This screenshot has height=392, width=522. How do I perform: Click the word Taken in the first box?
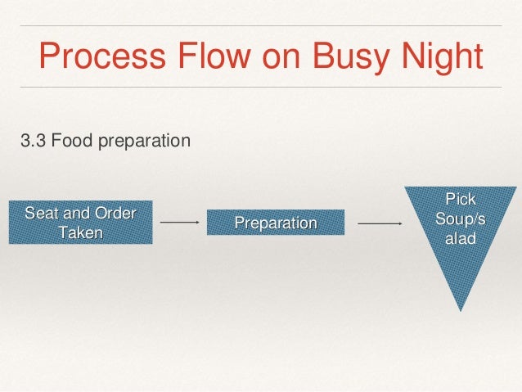coord(81,232)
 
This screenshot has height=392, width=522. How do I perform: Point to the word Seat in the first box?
coord(43,214)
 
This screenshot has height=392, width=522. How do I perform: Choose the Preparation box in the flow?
coord(276,223)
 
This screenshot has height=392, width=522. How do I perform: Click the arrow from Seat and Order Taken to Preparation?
coord(180,222)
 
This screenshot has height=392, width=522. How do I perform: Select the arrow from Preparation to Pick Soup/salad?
coord(380,222)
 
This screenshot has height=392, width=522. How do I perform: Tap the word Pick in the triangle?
coord(460,199)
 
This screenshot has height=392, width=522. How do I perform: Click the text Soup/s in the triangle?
coord(460,219)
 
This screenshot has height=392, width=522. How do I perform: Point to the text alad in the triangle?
coord(460,239)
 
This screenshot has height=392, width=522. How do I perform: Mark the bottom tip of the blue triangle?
coord(461,309)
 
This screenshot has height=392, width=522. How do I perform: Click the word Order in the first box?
coord(117,214)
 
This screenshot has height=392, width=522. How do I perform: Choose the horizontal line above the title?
coord(261,25)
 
